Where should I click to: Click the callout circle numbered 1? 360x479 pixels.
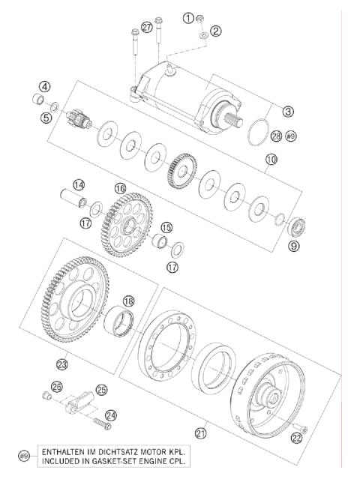[x=187, y=16]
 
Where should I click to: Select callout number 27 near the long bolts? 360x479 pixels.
[x=146, y=28]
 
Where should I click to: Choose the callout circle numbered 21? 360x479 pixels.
[x=200, y=433]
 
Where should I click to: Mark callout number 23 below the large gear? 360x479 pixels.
[x=61, y=365]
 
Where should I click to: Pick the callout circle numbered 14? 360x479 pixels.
[x=78, y=184]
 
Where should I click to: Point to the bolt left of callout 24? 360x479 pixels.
[x=103, y=424]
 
